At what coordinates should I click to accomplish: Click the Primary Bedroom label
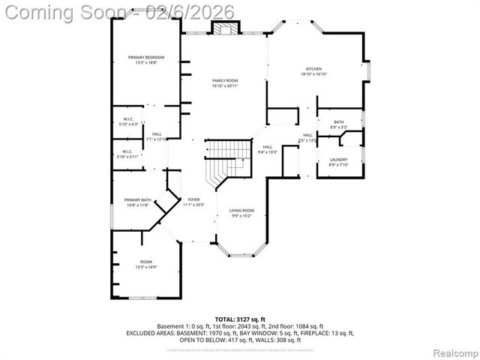[145, 58]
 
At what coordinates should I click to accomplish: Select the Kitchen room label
[313, 68]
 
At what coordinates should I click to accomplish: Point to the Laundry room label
[339, 159]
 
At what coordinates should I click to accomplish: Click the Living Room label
[241, 211]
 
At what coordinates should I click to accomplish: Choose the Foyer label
[194, 199]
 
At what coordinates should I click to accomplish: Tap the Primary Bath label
[138, 199]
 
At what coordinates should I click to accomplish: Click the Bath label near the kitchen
[339, 122]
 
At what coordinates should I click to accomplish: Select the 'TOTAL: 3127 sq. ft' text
[241, 319]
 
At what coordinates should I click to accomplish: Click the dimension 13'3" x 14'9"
[145, 267]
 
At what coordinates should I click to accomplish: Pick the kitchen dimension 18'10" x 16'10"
[313, 74]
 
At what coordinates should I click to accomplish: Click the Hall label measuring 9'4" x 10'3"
[268, 147]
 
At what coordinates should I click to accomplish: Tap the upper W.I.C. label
[130, 119]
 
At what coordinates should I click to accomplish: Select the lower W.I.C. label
[130, 151]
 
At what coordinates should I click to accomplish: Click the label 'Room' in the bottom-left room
[145, 262]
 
